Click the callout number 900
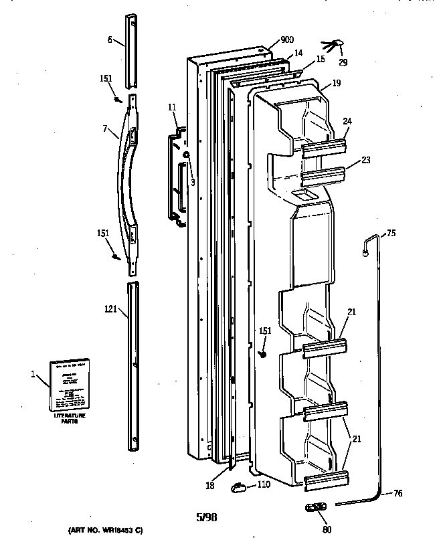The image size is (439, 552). click(286, 39)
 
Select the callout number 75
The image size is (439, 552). click(391, 234)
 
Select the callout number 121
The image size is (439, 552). click(111, 309)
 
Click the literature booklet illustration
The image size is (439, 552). click(70, 386)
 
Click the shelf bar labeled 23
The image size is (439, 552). click(325, 175)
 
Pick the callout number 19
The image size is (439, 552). click(335, 84)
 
